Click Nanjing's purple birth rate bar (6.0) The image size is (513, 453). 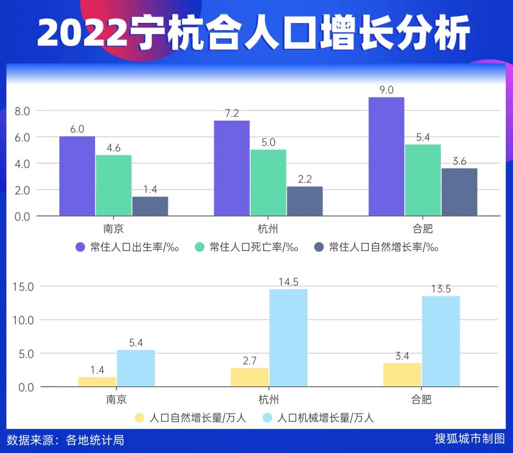(77, 176)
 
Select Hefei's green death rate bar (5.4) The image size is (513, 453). (423, 180)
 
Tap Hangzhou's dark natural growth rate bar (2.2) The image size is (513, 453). (304, 201)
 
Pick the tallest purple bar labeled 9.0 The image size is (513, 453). (386, 156)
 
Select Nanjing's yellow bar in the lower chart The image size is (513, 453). (97, 381)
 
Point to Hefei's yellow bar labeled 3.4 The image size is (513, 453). (402, 375)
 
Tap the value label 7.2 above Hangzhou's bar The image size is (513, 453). (232, 113)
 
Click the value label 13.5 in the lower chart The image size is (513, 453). (441, 289)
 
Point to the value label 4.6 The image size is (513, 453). (113, 147)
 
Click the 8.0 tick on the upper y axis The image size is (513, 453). (22, 111)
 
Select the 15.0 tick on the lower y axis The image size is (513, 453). (23, 287)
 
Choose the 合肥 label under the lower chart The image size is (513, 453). (421, 399)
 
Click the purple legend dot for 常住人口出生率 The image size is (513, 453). (80, 247)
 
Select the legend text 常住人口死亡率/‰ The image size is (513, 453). (254, 247)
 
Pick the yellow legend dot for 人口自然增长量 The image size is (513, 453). (139, 418)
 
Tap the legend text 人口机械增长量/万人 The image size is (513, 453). (325, 418)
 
